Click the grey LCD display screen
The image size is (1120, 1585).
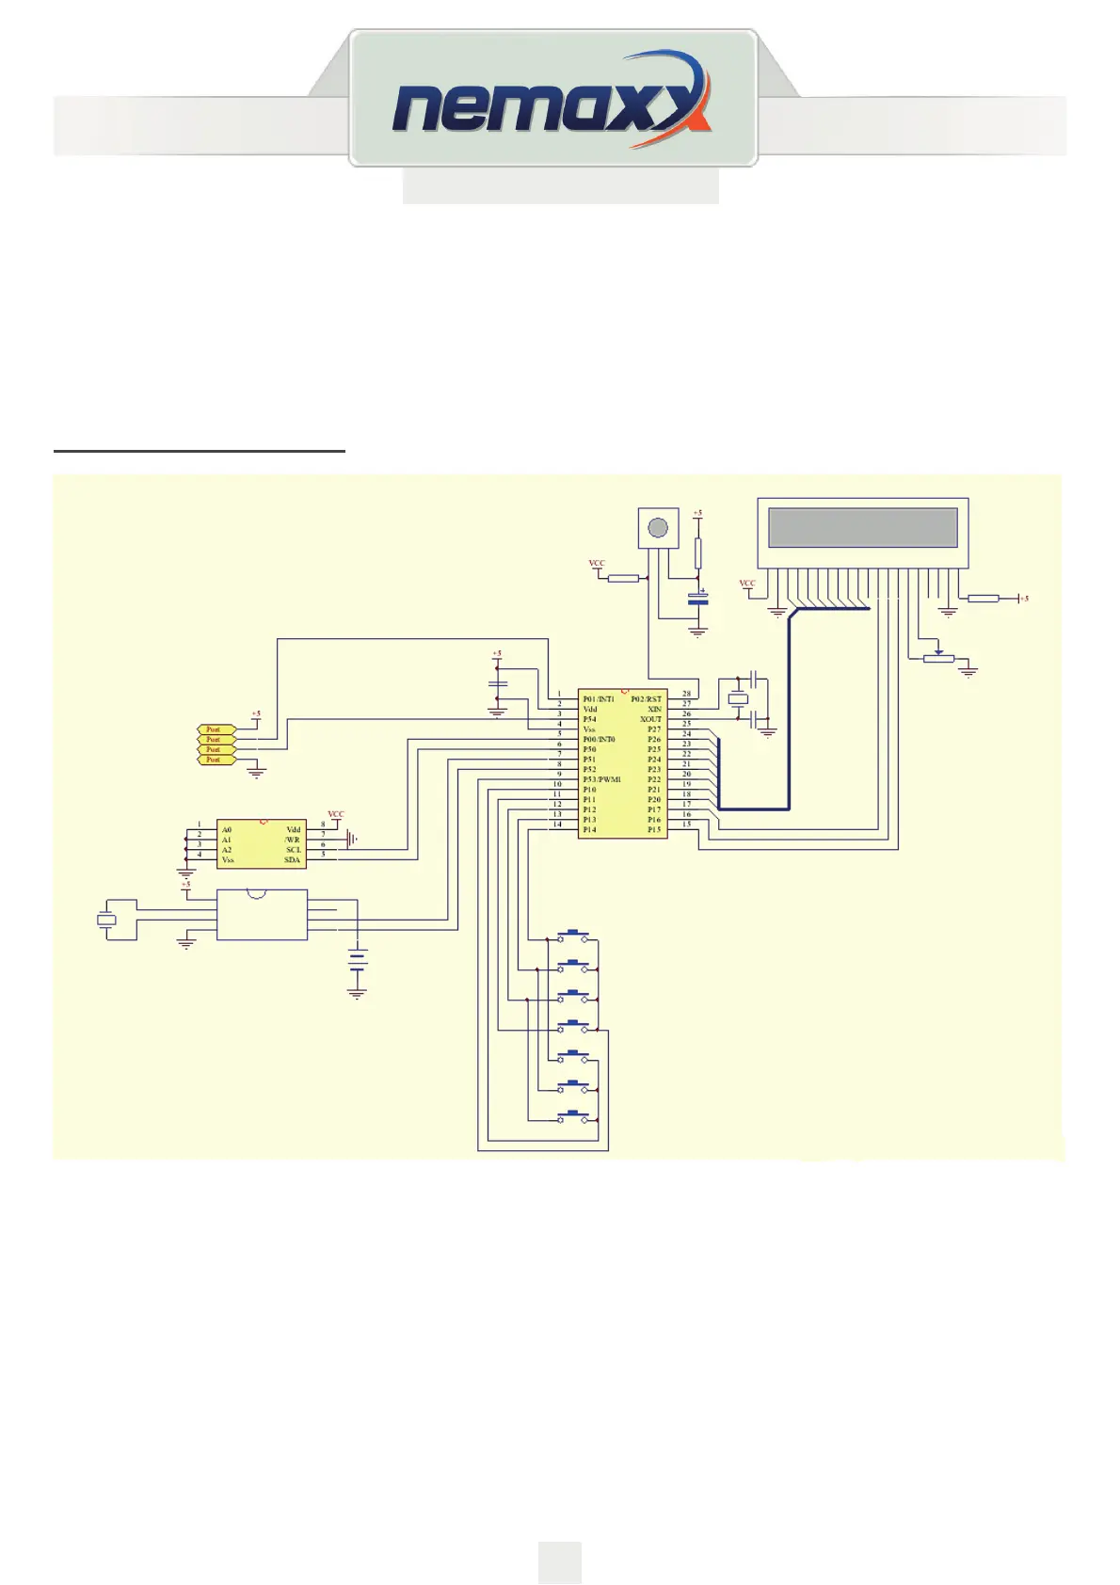coord(862,527)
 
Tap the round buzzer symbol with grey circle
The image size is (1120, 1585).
coord(659,527)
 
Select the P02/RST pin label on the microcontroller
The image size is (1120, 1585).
coord(647,699)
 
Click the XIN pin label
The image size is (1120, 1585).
coord(654,710)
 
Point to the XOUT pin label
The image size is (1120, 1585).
coord(650,720)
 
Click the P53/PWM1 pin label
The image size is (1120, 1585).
coord(601,779)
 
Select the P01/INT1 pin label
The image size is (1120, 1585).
coord(599,699)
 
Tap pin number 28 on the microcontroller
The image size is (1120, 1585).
coord(686,695)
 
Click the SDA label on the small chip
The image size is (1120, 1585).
coord(293,860)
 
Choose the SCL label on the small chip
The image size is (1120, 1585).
coord(294,850)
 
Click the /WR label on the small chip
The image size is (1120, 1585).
coord(293,840)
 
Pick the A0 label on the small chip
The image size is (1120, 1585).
coord(227,830)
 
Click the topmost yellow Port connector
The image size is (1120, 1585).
coord(214,729)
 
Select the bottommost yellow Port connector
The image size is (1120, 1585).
coord(214,760)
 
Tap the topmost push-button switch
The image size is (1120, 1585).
coord(573,937)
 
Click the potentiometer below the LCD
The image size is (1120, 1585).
coord(938,658)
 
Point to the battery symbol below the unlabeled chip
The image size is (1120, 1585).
coord(357,961)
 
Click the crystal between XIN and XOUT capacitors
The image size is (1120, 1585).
coord(739,699)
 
